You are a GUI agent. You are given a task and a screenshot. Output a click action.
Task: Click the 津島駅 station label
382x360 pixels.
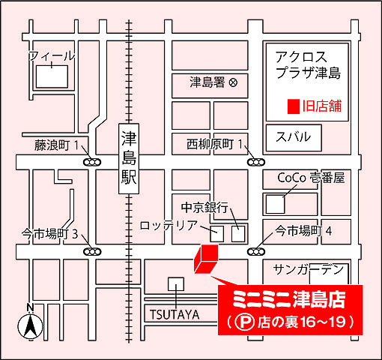coord(130,160)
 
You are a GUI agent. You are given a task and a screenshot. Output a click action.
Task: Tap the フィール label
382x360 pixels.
coord(52,56)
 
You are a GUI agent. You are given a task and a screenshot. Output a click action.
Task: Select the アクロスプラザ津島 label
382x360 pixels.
coord(307,65)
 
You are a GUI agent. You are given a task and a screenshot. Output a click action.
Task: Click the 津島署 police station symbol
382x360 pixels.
coord(233,82)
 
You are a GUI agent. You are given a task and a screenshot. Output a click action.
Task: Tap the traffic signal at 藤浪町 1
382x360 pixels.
coord(92,161)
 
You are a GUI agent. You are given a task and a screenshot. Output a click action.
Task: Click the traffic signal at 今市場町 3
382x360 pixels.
coord(92,251)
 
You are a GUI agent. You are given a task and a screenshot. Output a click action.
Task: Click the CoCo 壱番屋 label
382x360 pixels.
coord(311,178)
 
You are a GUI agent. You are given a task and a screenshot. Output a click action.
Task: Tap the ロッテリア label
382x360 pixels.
coord(169,225)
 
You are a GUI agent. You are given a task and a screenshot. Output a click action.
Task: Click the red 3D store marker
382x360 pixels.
coord(205,259)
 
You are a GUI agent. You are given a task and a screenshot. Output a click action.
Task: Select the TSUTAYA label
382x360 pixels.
coord(173,314)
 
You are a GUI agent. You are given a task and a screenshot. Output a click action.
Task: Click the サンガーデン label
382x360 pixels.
coord(309,268)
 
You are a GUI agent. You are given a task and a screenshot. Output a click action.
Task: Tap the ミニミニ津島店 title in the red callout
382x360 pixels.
coord(289,300)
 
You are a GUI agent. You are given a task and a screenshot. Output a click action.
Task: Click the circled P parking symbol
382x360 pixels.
coord(242,323)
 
